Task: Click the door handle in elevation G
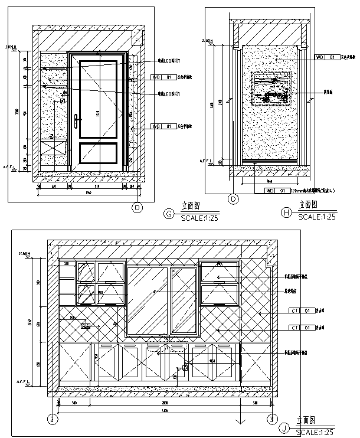click(x=77, y=122)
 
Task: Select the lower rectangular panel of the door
click(x=98, y=152)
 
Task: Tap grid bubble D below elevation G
click(x=138, y=207)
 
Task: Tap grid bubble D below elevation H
click(x=233, y=200)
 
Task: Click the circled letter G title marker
click(x=169, y=213)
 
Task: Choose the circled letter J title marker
click(x=285, y=428)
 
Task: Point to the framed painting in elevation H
click(x=271, y=88)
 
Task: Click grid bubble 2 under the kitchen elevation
click(x=53, y=419)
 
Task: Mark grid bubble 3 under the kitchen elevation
click(x=271, y=419)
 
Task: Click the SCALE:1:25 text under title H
click(x=317, y=217)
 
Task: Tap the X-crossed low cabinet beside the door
click(x=54, y=147)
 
